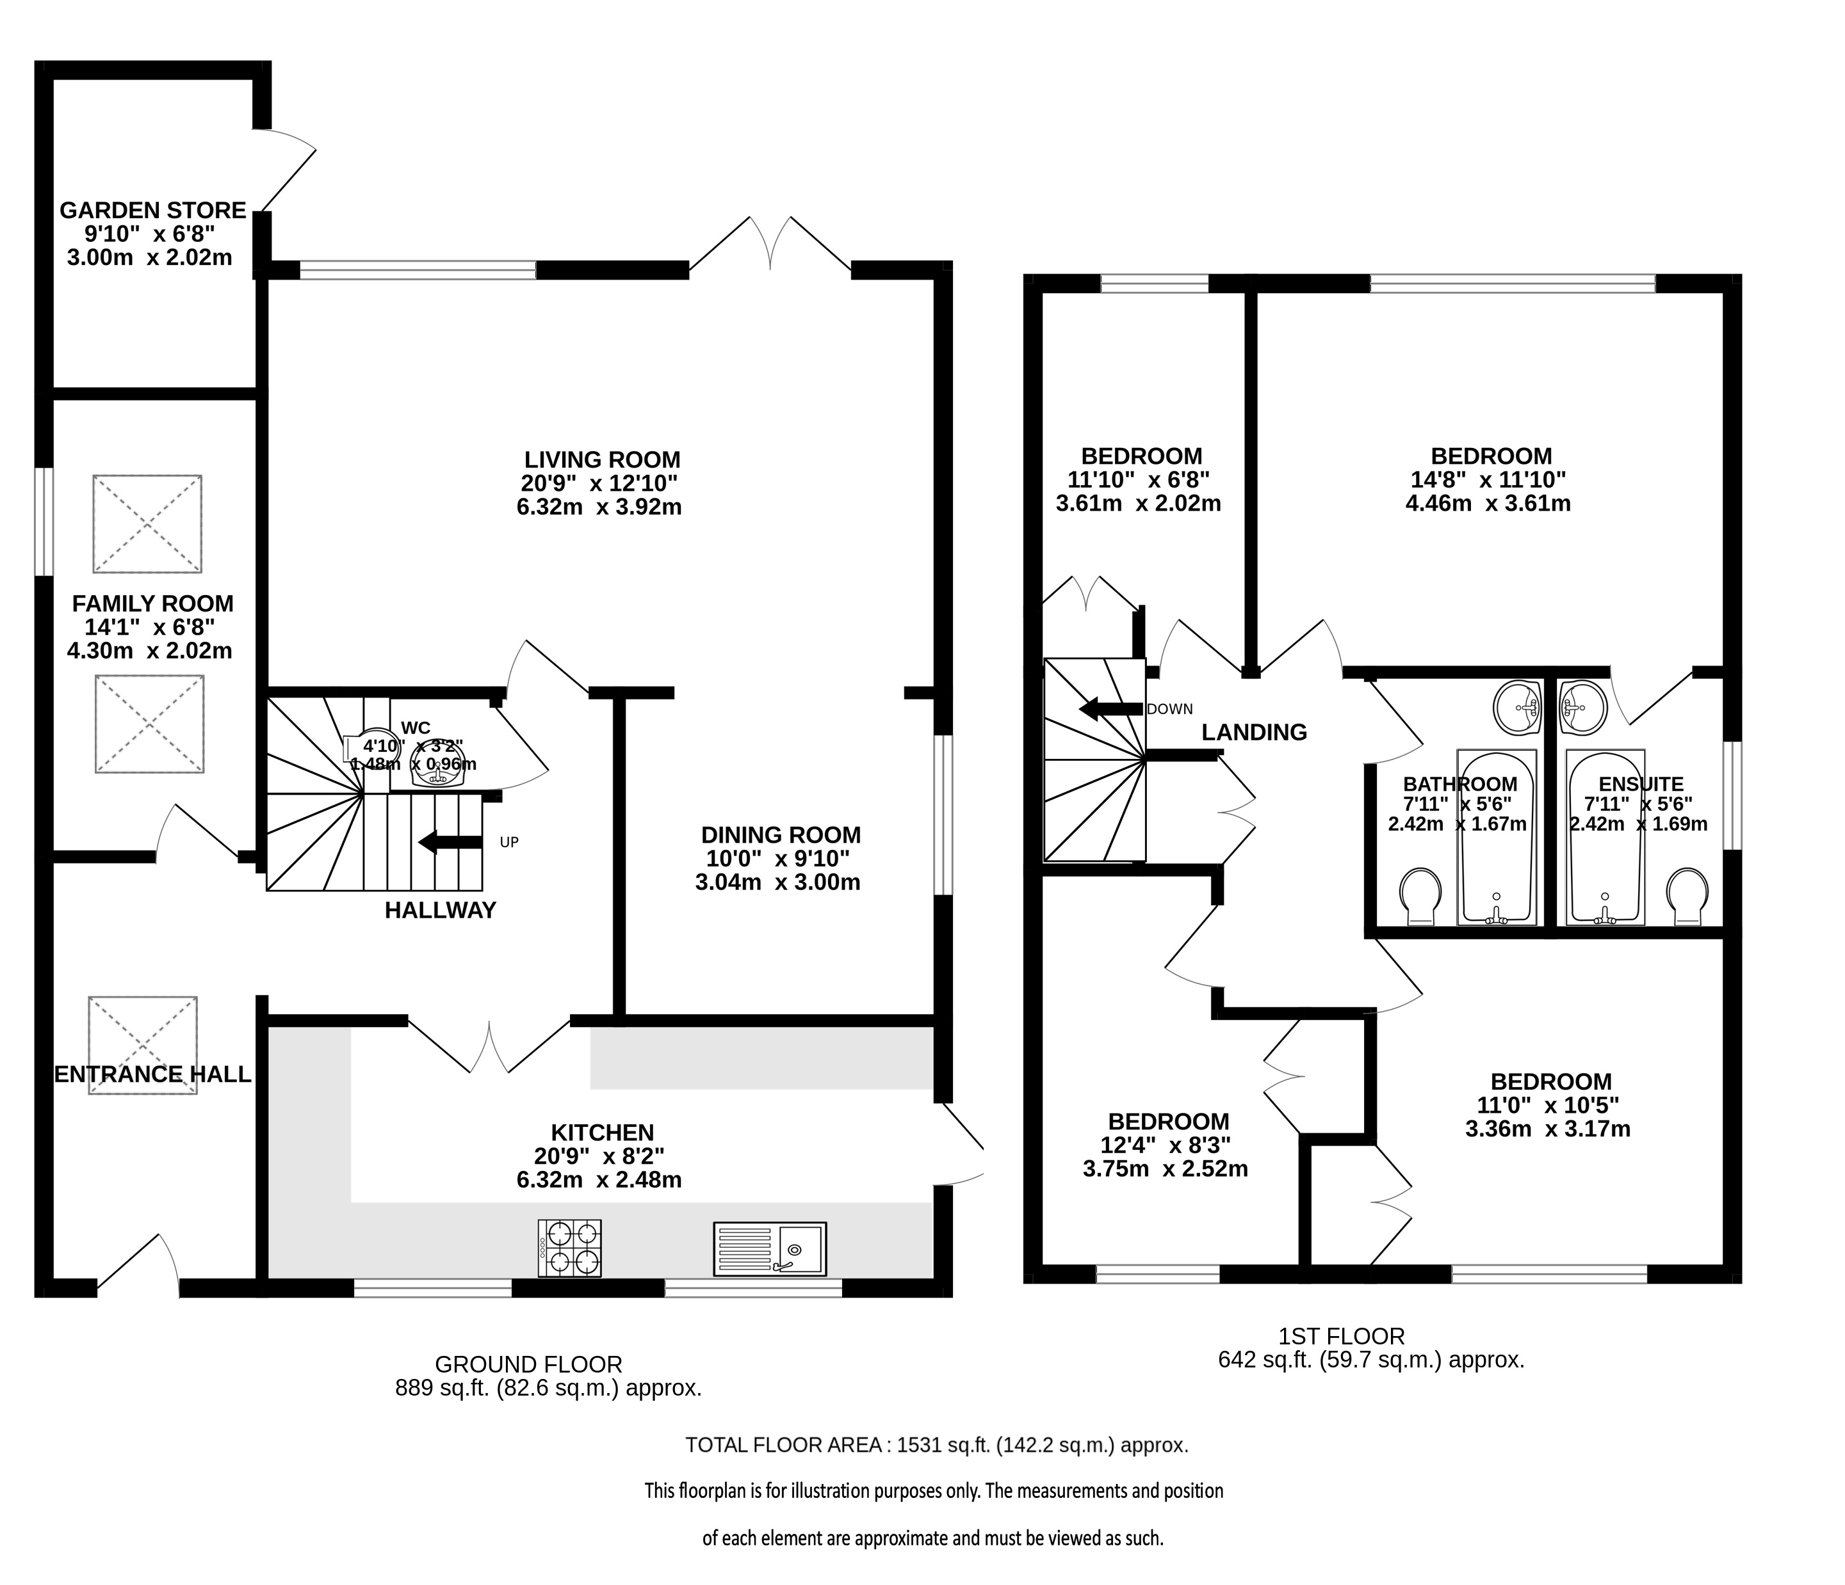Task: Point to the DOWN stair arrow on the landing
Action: coord(1111,709)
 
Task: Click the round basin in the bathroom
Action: coord(1517,708)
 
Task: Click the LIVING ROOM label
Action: coord(602,460)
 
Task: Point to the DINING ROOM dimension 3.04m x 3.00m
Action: coord(778,883)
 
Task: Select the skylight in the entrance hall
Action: coord(142,1047)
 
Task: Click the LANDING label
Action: coord(1255,733)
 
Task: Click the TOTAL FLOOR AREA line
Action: coord(938,1446)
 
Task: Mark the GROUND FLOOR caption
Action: coord(528,1364)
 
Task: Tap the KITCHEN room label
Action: coord(603,1133)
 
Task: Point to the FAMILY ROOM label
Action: coord(153,603)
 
